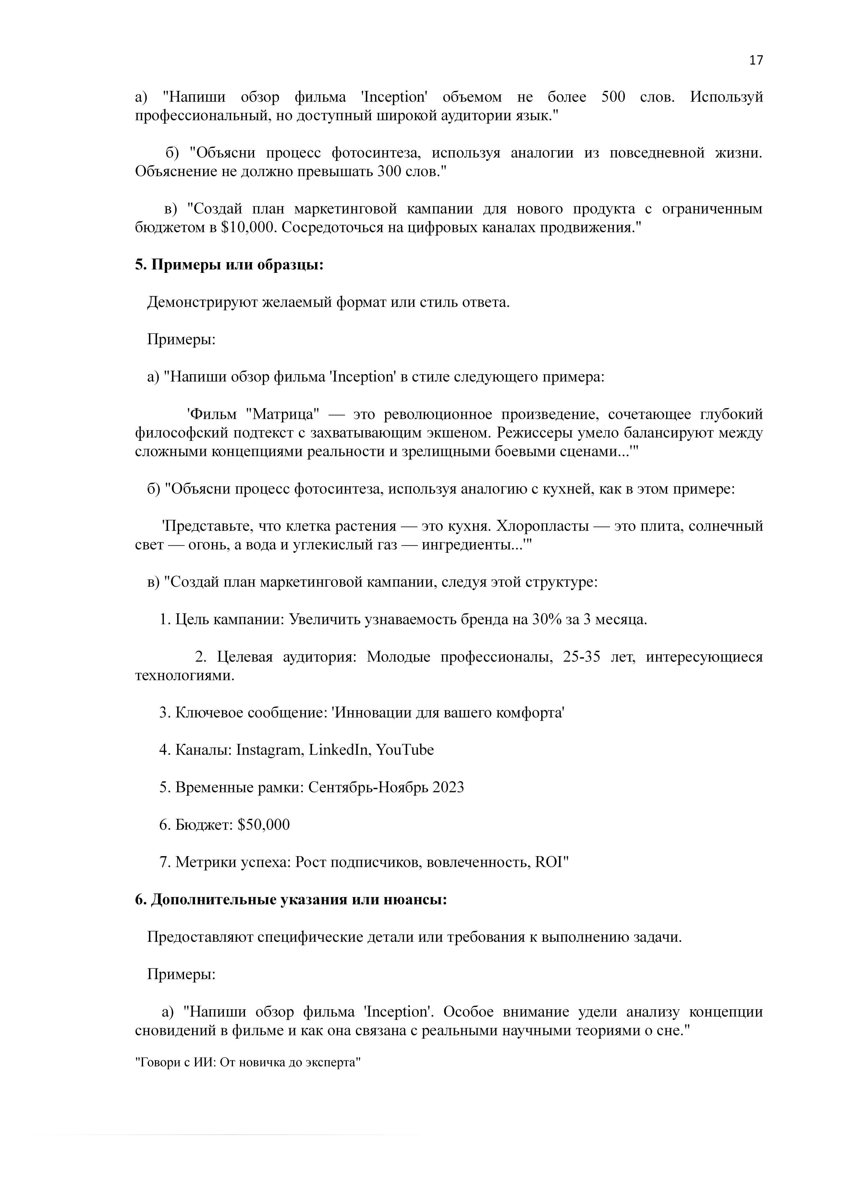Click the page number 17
click(756, 61)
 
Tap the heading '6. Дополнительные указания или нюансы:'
click(290, 900)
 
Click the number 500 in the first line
click(613, 97)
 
